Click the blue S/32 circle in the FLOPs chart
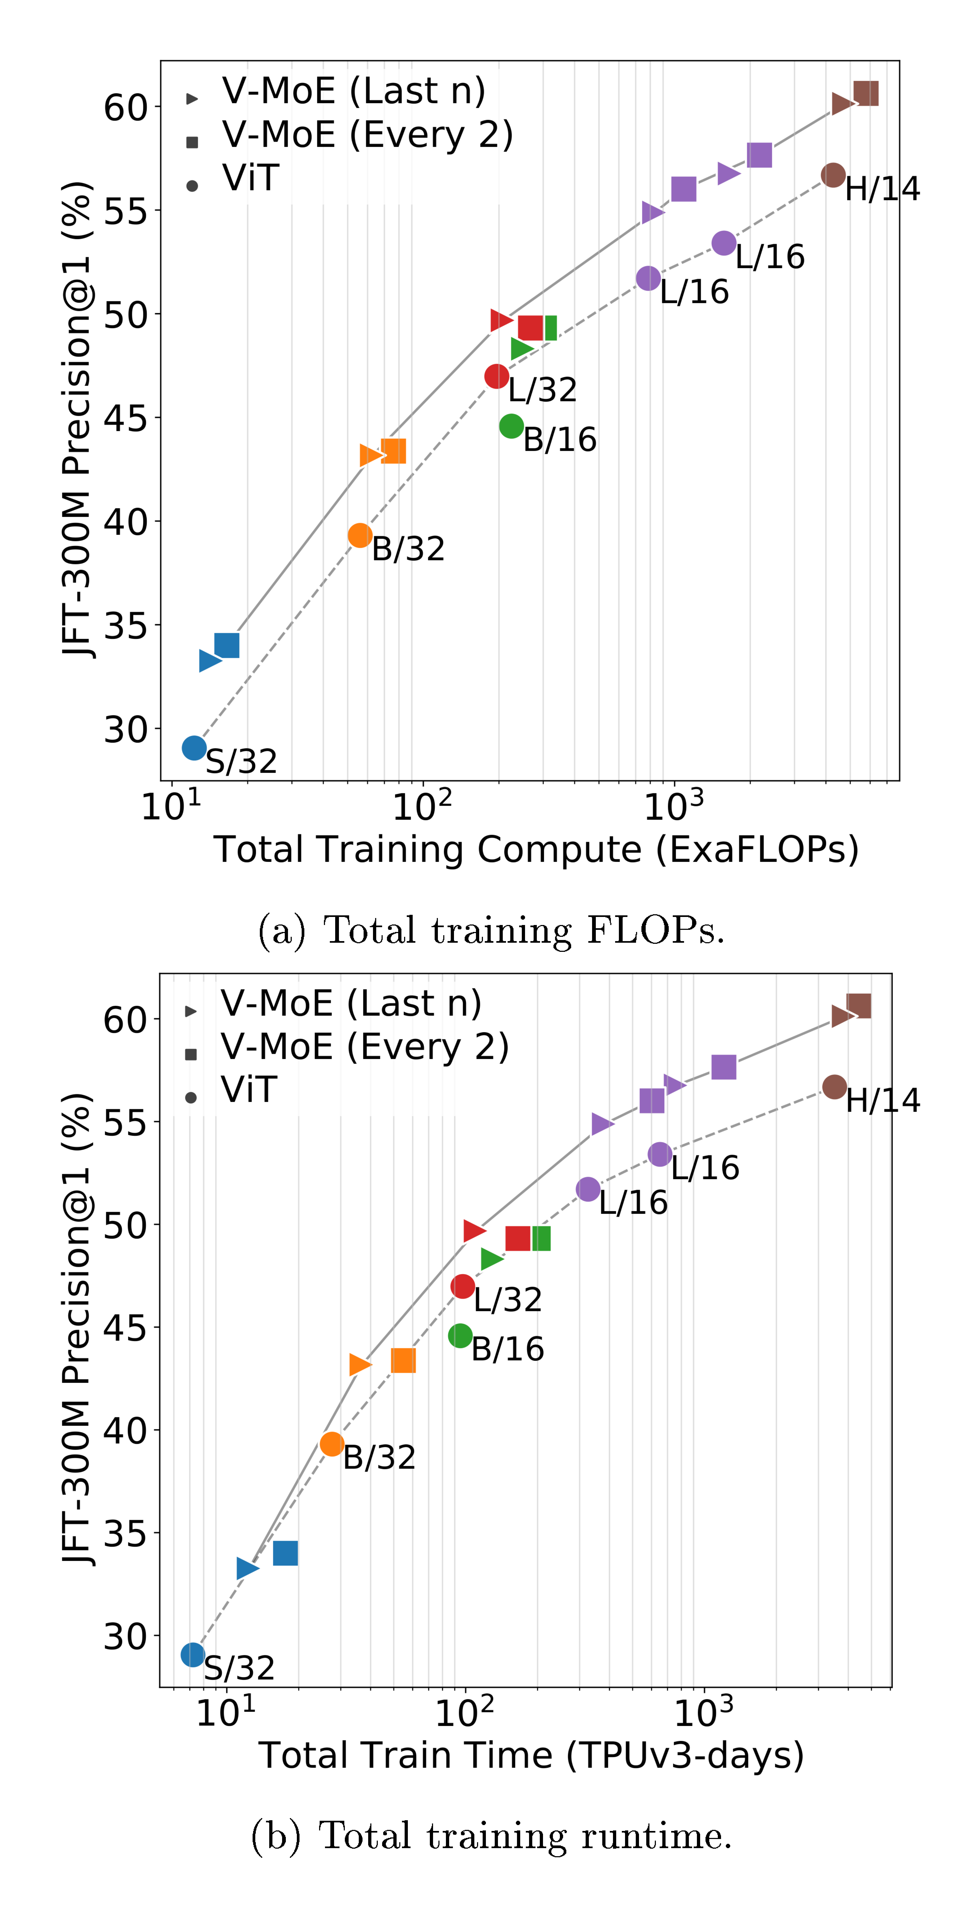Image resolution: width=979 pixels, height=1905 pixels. coord(194,748)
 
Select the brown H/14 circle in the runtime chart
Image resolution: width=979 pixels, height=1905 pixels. coord(834,1086)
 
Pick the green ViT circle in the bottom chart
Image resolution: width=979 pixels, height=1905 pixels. coord(460,1335)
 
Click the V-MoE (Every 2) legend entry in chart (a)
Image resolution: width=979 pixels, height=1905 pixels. coord(367,135)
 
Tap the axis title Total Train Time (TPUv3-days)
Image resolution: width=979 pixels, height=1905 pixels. coord(531,1756)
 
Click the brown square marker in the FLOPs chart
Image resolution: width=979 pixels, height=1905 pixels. coord(866,94)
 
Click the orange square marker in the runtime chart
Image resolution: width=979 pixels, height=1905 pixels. coord(403,1360)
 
